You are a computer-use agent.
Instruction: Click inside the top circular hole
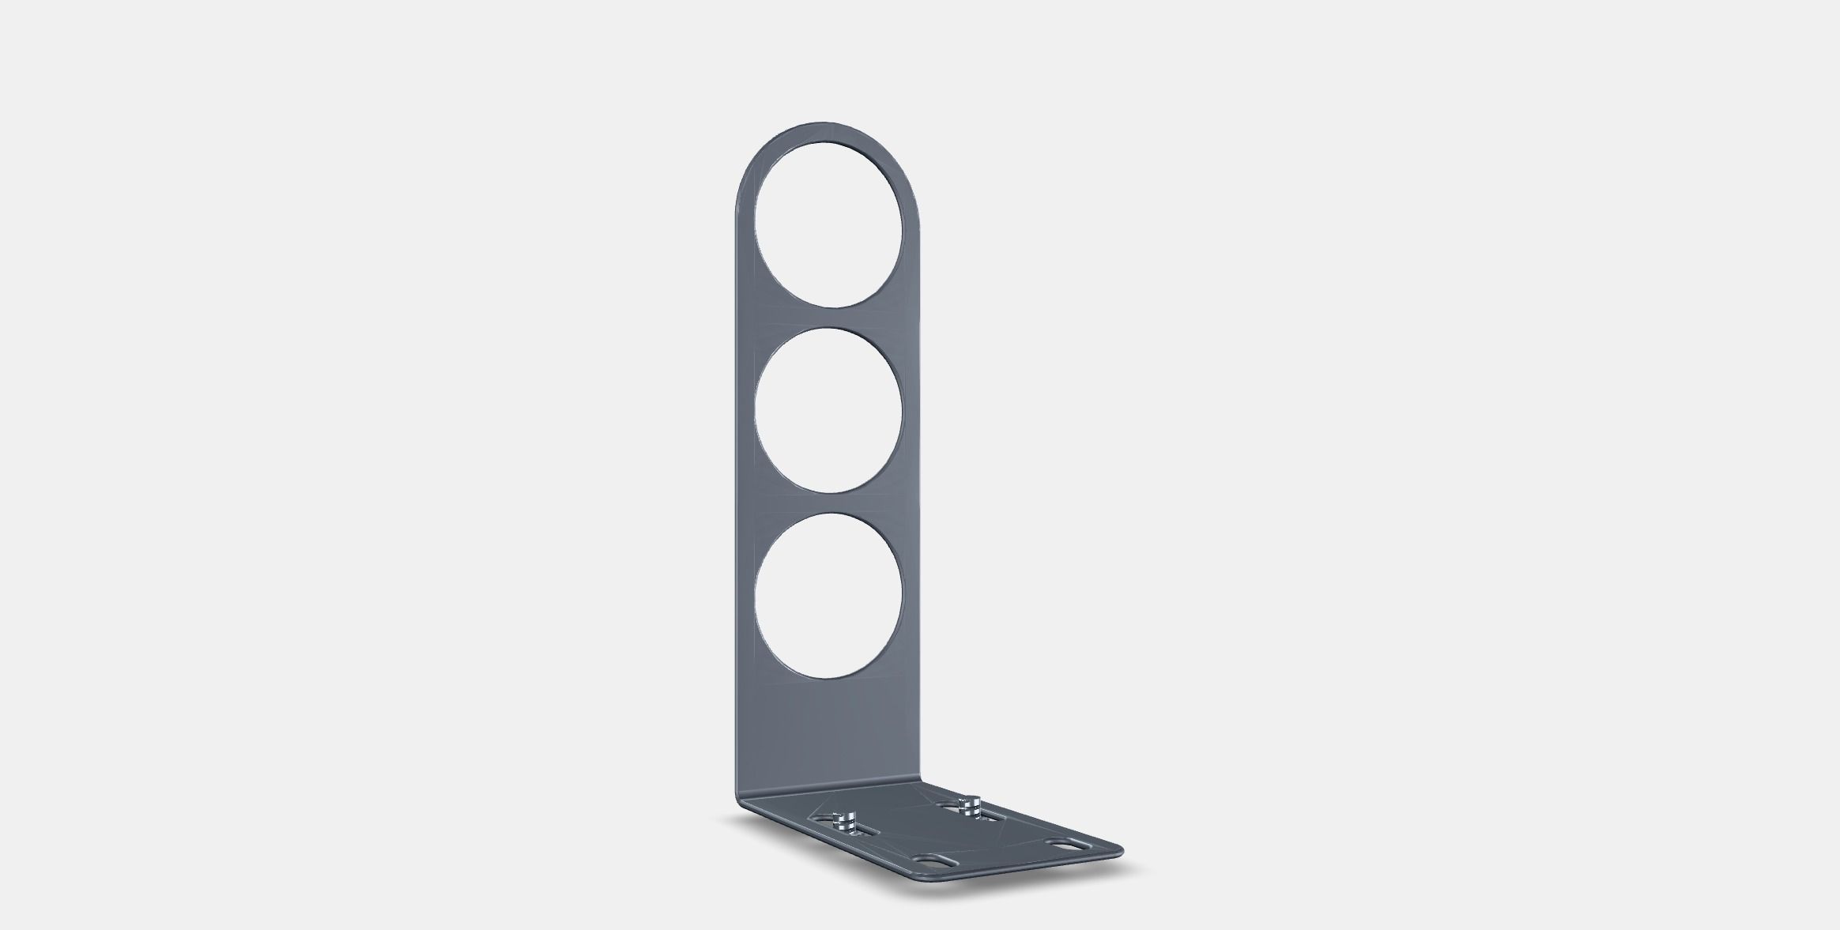click(829, 224)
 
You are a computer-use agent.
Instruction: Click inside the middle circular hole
click(828, 411)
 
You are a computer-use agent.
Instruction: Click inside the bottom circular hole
click(828, 595)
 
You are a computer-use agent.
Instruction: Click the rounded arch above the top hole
click(828, 134)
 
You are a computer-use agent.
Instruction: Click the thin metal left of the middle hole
click(745, 411)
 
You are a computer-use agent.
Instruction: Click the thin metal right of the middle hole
click(912, 411)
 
